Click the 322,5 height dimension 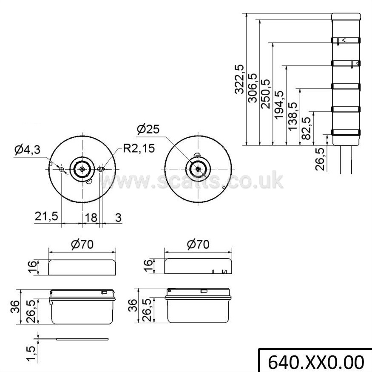tap(239, 79)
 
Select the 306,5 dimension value tap(252, 88)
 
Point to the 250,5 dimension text tap(265, 94)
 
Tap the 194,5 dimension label tap(279, 105)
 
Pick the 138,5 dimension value tap(292, 116)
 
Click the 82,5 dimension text tap(306, 128)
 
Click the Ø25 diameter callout tap(148, 129)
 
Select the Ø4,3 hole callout tap(27, 150)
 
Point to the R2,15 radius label tap(139, 148)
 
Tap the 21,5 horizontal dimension tap(46, 216)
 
